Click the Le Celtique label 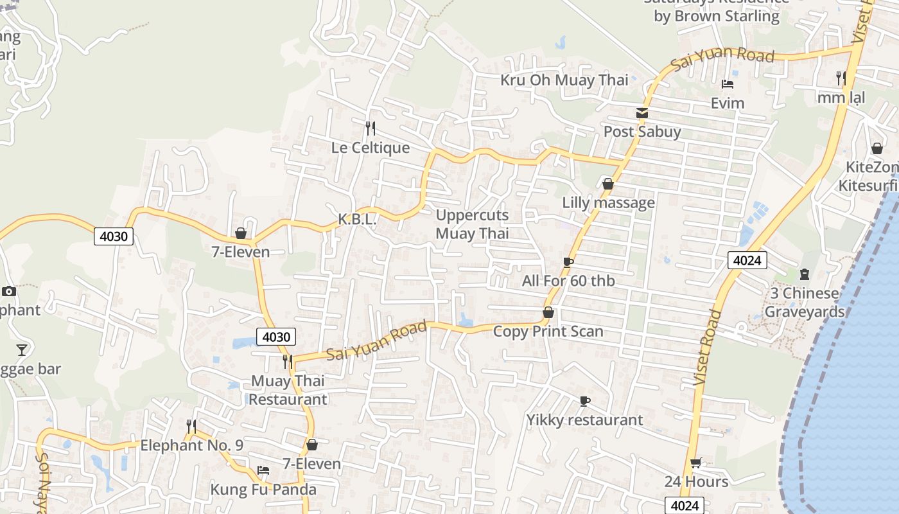[x=371, y=148]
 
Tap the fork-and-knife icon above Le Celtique [x=370, y=128]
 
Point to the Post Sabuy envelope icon [x=642, y=114]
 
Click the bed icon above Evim [x=728, y=84]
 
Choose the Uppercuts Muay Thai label [x=472, y=224]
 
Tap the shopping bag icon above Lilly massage [x=608, y=184]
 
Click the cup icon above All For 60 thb [x=568, y=262]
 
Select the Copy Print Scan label [x=548, y=332]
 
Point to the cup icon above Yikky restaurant [x=584, y=402]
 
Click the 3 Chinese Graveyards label [x=804, y=303]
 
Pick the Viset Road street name [x=708, y=348]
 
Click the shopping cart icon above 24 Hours [x=696, y=463]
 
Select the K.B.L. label [x=357, y=219]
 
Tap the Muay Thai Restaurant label [x=288, y=390]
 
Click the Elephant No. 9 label [x=191, y=445]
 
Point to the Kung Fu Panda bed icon [x=263, y=471]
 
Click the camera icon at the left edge [x=9, y=292]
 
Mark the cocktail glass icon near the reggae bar [x=22, y=350]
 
